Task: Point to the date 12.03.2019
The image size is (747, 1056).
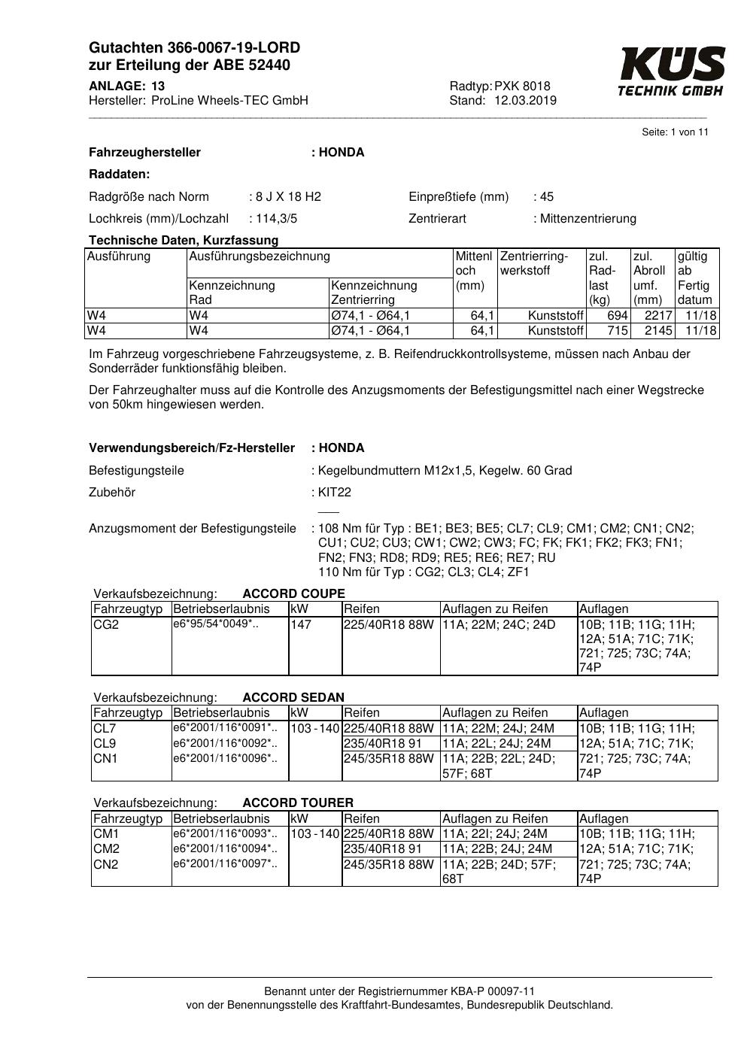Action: (525, 101)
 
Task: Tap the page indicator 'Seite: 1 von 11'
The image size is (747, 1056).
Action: (675, 132)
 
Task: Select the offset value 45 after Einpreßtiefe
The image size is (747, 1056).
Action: (546, 197)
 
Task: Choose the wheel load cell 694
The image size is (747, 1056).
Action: (618, 316)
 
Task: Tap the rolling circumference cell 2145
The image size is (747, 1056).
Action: (658, 331)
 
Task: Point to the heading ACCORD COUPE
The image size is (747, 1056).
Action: (293, 593)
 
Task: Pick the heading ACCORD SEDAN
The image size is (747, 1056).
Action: (293, 697)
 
